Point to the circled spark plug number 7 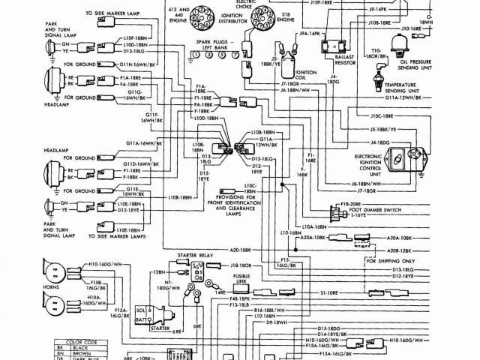(237, 55)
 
